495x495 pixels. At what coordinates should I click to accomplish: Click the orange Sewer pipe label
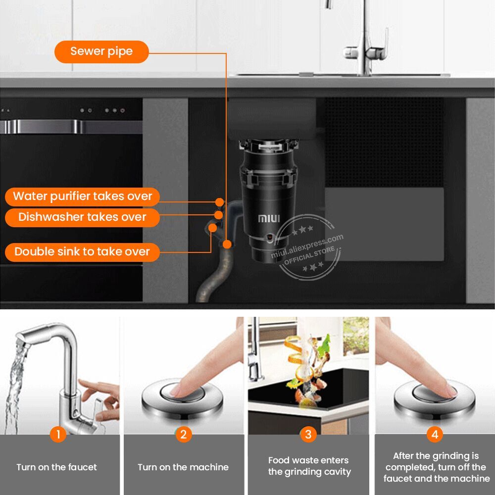101,52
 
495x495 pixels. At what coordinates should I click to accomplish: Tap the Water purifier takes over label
82,197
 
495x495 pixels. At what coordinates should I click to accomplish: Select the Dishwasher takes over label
82,217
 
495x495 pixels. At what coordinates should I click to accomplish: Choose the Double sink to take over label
82,252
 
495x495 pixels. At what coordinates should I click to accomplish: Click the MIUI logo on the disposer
269,218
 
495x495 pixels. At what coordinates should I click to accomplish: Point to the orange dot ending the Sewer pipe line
227,244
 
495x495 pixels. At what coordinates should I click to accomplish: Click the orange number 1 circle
58,435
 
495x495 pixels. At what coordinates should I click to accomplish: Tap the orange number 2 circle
184,435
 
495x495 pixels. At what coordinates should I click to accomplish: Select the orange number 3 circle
308,435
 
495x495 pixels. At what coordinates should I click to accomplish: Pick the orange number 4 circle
435,435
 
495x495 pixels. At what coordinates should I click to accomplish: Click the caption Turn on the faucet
57,467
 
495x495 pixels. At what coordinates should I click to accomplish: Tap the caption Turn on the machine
183,467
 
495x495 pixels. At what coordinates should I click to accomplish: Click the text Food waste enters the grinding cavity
309,466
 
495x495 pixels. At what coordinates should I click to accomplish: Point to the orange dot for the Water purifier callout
220,202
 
